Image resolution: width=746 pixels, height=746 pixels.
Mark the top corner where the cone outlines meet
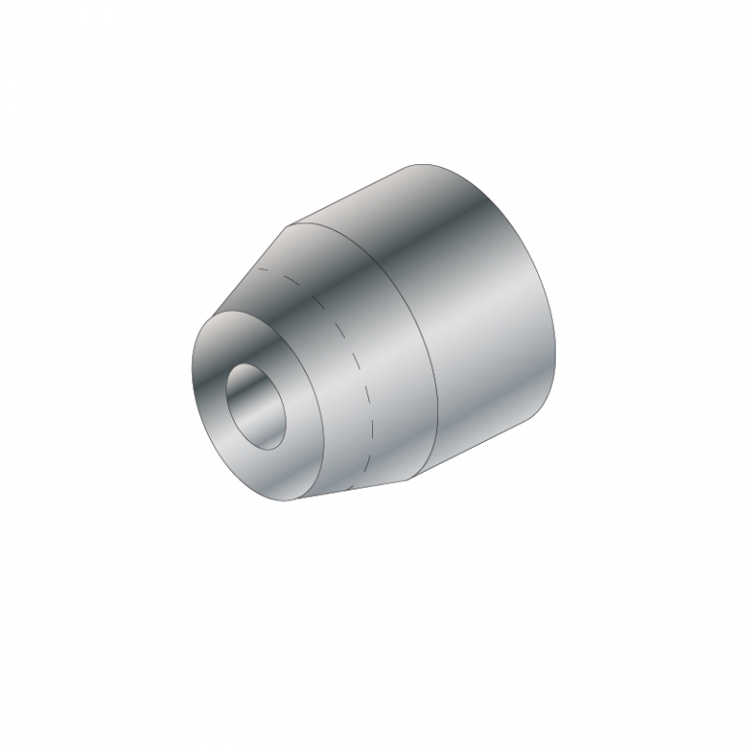point(288,227)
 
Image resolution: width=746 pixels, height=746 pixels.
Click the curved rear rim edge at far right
point(561,330)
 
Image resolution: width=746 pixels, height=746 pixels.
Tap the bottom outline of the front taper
point(359,491)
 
